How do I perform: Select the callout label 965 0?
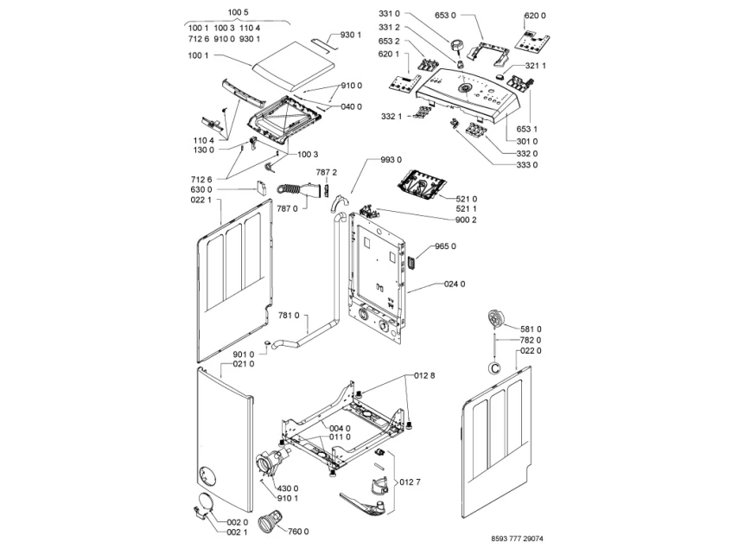tap(445, 246)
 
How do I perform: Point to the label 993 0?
tap(391, 160)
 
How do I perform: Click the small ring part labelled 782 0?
tap(494, 368)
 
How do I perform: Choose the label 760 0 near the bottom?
tap(298, 531)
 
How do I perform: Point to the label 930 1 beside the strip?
tap(350, 35)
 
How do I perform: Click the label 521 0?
tap(466, 199)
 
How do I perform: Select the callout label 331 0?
tap(390, 14)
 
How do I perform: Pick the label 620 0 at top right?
tap(535, 16)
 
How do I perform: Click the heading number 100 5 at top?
tap(238, 11)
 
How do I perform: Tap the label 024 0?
tap(455, 284)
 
